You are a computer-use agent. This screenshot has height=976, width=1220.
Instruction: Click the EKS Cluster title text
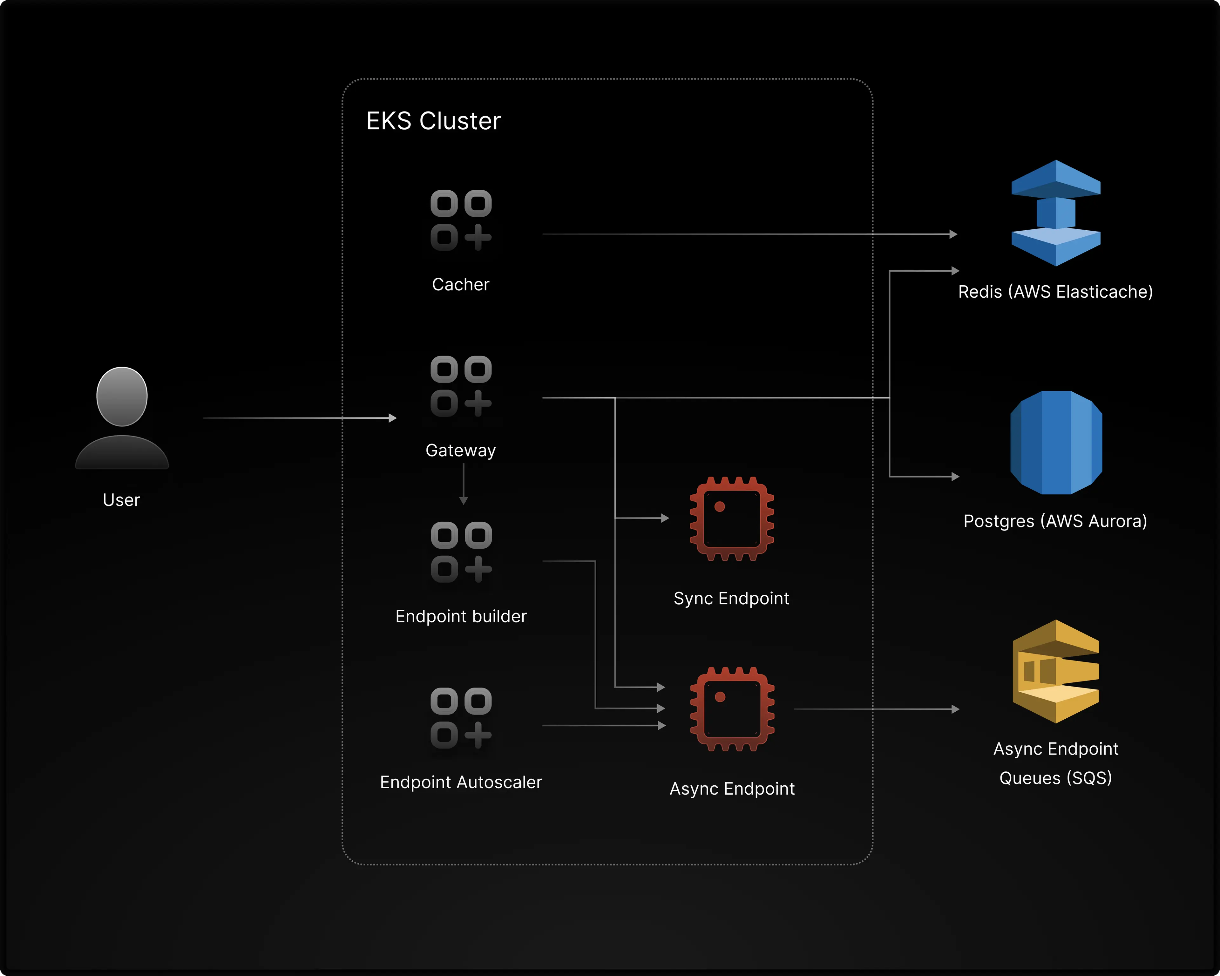click(433, 121)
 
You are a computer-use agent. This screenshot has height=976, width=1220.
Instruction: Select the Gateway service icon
click(461, 386)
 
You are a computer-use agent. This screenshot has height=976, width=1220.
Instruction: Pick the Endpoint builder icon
click(461, 552)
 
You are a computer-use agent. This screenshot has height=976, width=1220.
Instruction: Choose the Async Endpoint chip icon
click(732, 709)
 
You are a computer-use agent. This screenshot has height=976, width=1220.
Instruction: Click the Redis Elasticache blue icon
click(1056, 213)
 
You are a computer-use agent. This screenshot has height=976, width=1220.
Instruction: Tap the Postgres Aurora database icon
click(1056, 443)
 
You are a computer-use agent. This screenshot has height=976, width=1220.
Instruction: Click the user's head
click(122, 396)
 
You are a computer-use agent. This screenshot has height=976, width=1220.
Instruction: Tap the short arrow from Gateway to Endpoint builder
click(464, 484)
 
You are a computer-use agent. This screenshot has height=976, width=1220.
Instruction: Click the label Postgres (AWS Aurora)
click(1055, 521)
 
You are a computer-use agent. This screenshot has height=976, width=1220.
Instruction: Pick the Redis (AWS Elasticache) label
click(1055, 292)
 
